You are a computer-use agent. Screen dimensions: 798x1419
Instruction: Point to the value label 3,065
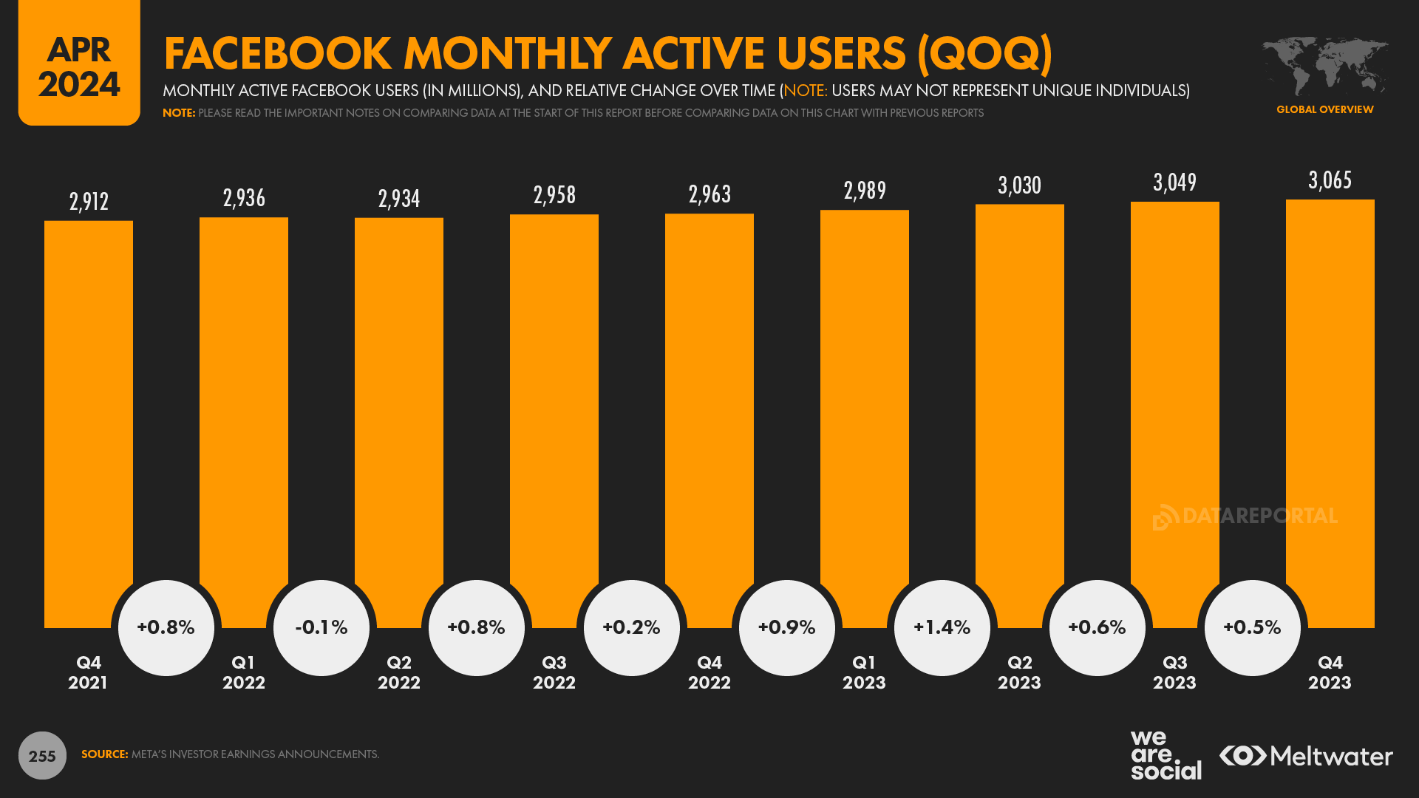1330,180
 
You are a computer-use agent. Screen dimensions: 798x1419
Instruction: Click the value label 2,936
244,198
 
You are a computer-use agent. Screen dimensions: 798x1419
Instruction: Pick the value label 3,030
1019,185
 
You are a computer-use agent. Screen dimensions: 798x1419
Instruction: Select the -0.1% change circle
321,627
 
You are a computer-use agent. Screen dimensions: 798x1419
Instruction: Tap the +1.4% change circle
942,627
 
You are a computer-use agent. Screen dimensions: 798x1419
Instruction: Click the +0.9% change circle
786,627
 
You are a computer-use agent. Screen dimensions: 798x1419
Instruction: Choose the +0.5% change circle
1252,627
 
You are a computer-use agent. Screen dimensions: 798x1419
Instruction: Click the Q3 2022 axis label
554,672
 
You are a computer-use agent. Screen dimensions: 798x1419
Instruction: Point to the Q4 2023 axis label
1330,672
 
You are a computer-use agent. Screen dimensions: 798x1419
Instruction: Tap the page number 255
42,756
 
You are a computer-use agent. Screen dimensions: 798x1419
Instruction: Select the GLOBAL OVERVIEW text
1324,109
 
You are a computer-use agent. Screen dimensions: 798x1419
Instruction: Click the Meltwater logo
1306,756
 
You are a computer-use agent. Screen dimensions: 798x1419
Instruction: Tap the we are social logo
1165,755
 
